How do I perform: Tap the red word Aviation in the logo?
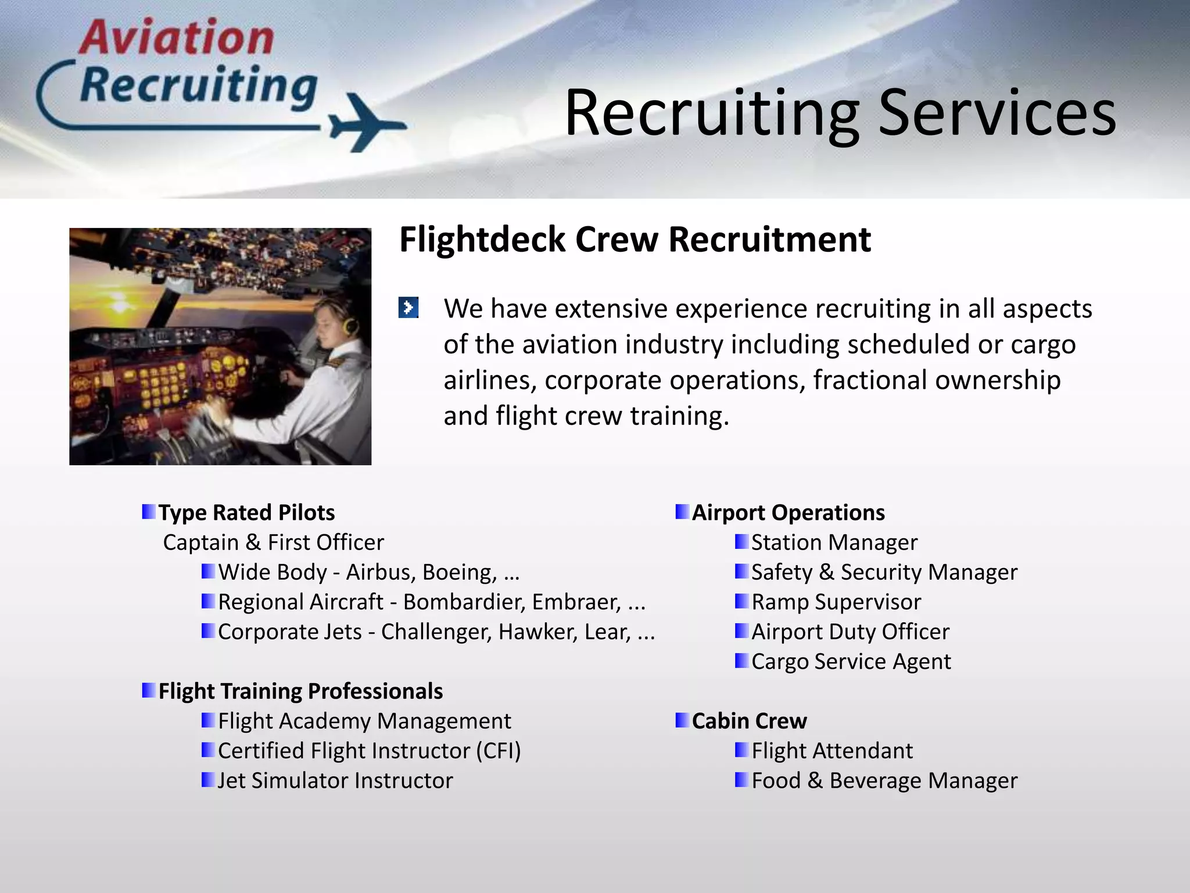point(176,38)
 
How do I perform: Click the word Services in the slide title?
point(997,113)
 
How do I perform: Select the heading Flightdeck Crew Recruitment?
point(635,240)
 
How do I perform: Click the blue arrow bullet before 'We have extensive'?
point(408,308)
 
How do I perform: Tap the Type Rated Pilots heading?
point(246,513)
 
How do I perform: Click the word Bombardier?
point(464,602)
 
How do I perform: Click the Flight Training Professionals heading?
point(300,691)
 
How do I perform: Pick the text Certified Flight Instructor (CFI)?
point(369,751)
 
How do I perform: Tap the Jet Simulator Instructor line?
point(335,781)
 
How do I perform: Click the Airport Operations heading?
point(788,513)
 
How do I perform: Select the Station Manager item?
point(834,542)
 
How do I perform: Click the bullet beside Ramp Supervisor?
point(741,601)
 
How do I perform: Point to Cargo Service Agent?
point(851,662)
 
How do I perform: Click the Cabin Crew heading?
point(749,721)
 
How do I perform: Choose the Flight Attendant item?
point(832,751)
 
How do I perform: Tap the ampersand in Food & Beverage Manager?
point(815,781)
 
